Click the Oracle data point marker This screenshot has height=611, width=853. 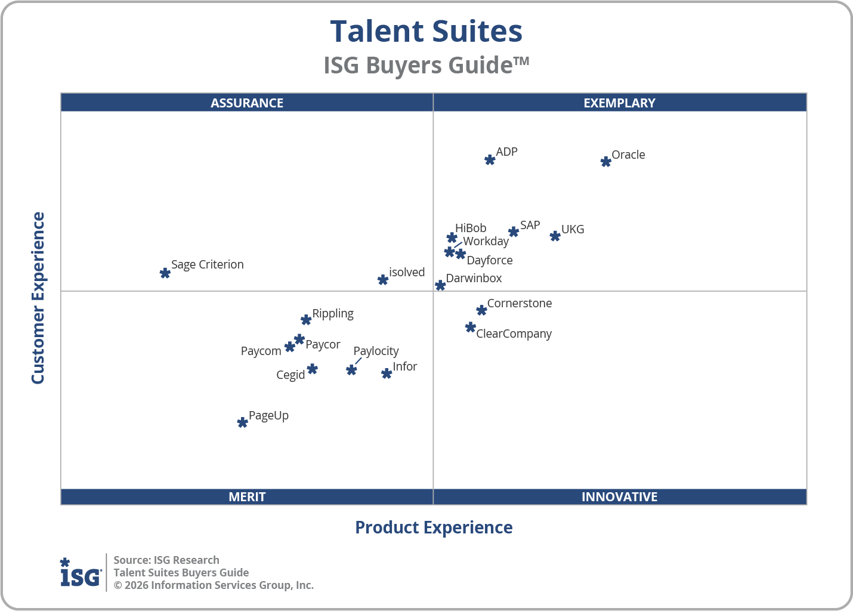coord(605,162)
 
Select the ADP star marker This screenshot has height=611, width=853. coord(490,160)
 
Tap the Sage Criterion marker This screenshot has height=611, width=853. coord(165,273)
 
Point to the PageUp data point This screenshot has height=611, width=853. coord(242,422)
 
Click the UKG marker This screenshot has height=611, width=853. coord(555,236)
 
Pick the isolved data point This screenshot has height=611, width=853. coord(383,279)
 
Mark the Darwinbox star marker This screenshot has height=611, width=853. coord(440,285)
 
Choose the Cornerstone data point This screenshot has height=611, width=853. coord(481,310)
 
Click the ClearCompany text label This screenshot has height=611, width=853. coord(514,334)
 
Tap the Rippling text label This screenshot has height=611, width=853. coord(333,313)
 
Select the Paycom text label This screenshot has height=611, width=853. coord(261,351)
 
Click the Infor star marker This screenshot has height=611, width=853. coord(387,374)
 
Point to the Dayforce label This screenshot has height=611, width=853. coord(489,260)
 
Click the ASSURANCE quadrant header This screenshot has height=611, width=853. coord(247,103)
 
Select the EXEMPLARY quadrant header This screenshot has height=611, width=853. coord(619,103)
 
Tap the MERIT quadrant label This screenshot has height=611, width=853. coord(247,496)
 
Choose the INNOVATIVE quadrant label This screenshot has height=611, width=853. coord(619,496)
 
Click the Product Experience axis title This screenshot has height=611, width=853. coord(434,527)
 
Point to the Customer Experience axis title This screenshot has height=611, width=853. coord(38,298)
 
